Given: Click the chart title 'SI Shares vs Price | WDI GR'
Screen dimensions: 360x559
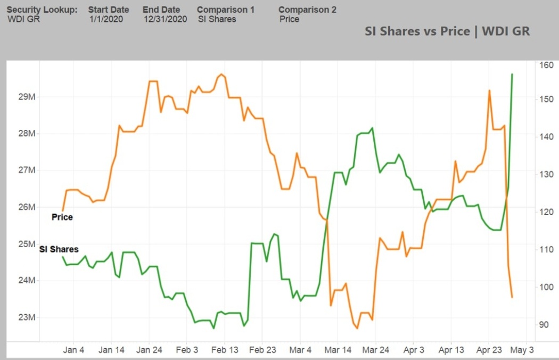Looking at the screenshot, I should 447,31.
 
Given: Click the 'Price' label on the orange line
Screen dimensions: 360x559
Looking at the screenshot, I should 62,217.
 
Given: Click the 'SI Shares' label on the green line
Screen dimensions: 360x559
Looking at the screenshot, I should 59,249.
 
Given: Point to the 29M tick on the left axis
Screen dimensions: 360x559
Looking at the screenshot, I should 27,97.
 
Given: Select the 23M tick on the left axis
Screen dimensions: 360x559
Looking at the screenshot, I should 27,317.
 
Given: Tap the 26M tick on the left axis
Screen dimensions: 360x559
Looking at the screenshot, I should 27,207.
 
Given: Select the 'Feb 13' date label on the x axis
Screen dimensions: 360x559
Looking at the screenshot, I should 225,350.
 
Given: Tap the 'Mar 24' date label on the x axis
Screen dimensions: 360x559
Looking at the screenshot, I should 375,350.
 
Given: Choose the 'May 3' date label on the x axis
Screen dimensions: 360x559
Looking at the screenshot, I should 522,350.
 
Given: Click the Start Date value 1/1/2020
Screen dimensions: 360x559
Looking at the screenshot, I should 106,19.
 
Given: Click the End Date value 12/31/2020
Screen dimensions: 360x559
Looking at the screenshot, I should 165,19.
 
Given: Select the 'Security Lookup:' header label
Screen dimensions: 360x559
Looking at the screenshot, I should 42,10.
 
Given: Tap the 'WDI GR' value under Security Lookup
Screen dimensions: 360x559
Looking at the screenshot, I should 23,19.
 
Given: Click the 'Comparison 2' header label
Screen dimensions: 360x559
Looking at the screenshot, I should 307,10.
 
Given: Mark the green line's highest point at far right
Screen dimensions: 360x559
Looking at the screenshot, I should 512,74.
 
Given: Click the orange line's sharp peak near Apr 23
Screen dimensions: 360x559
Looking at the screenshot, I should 489,91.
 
